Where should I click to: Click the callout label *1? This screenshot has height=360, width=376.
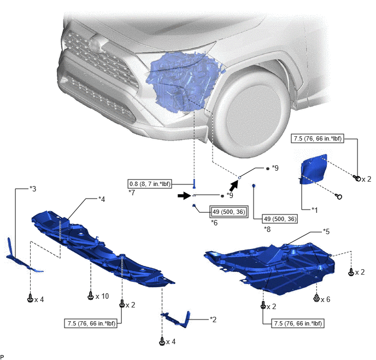pyautogui.click(x=315, y=210)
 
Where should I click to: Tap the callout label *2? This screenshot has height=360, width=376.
pyautogui.click(x=213, y=320)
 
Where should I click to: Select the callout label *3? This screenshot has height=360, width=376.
pyautogui.click(x=33, y=189)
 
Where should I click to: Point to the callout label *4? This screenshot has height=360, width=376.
pyautogui.click(x=102, y=199)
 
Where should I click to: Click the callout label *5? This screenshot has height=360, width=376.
pyautogui.click(x=326, y=231)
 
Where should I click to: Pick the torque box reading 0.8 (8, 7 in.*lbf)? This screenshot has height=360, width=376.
pyautogui.click(x=150, y=184)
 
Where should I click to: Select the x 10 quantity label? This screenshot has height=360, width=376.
pyautogui.click(x=102, y=297)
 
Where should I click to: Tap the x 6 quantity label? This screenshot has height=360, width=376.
pyautogui.click(x=325, y=299)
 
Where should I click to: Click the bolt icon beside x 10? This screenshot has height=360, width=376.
pyautogui.click(x=90, y=295)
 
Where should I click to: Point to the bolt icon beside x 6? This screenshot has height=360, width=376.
pyautogui.click(x=316, y=298)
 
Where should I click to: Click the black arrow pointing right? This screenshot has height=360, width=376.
pyautogui.click(x=184, y=196)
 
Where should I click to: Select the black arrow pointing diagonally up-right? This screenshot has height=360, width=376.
pyautogui.click(x=234, y=186)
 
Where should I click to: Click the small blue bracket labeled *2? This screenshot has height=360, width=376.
pyautogui.click(x=176, y=319)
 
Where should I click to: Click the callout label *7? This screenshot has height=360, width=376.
pyautogui.click(x=132, y=193)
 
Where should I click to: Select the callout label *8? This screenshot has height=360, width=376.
pyautogui.click(x=267, y=229)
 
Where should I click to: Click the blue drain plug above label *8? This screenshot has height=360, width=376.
pyautogui.click(x=254, y=186)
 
